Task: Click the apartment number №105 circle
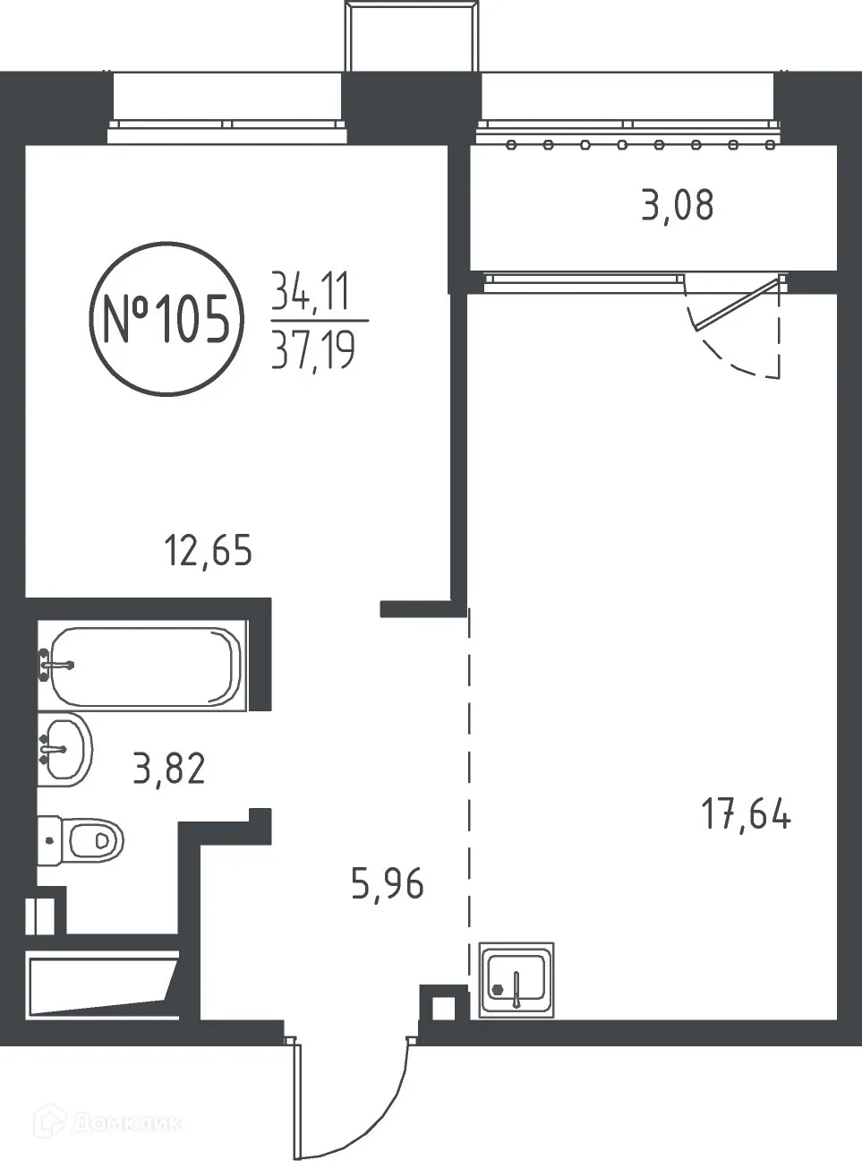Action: [166, 320]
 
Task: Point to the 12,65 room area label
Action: [208, 549]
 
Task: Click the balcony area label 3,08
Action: [678, 206]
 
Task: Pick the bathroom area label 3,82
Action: [169, 768]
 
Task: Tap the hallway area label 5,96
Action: [388, 884]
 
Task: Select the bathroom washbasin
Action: [64, 747]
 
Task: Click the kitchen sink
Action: [516, 979]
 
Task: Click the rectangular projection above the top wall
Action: [411, 36]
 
